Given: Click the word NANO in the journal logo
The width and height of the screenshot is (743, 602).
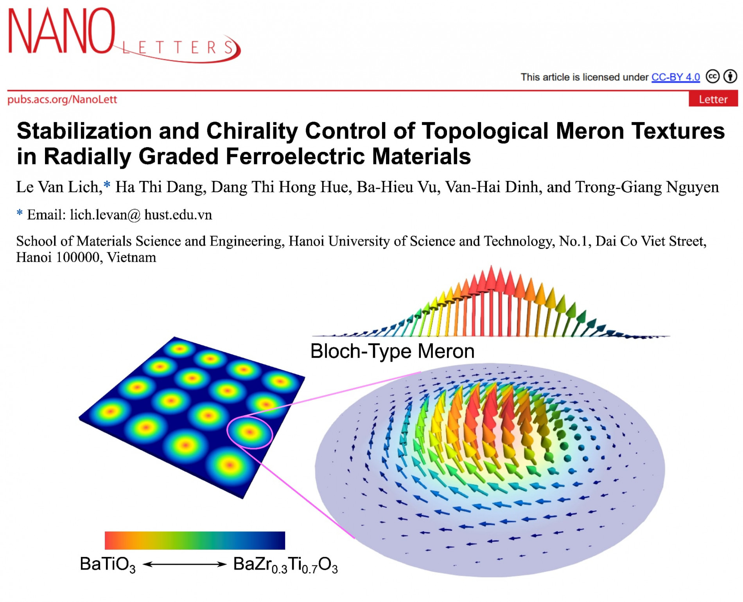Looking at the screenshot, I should pos(62,31).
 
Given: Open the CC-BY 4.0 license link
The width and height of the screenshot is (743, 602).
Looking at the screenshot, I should pos(675,77).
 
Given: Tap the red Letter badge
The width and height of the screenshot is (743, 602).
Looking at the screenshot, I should pos(713,99).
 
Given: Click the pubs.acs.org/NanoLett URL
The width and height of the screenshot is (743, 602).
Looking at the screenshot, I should pos(62,99).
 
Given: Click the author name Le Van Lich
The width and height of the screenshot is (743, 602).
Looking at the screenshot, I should pos(59,187).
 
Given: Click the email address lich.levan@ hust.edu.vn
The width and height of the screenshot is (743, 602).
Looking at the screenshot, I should pos(141,215).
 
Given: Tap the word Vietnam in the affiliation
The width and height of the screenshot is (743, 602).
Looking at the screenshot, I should pos(131,258).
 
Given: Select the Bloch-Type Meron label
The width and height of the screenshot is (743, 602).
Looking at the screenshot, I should pos(392,351).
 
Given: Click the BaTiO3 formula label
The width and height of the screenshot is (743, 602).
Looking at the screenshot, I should pos(108,565).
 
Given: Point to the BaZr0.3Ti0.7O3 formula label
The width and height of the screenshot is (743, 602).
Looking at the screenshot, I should pos(285,565).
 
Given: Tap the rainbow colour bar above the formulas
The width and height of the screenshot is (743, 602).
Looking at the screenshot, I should pos(195,541).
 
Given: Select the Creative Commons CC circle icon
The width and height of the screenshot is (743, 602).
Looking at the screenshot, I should pos(712,76).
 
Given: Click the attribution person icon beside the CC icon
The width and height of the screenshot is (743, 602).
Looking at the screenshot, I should pos(730,76).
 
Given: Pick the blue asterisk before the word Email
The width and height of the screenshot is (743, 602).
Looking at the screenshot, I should pos(20,213).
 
